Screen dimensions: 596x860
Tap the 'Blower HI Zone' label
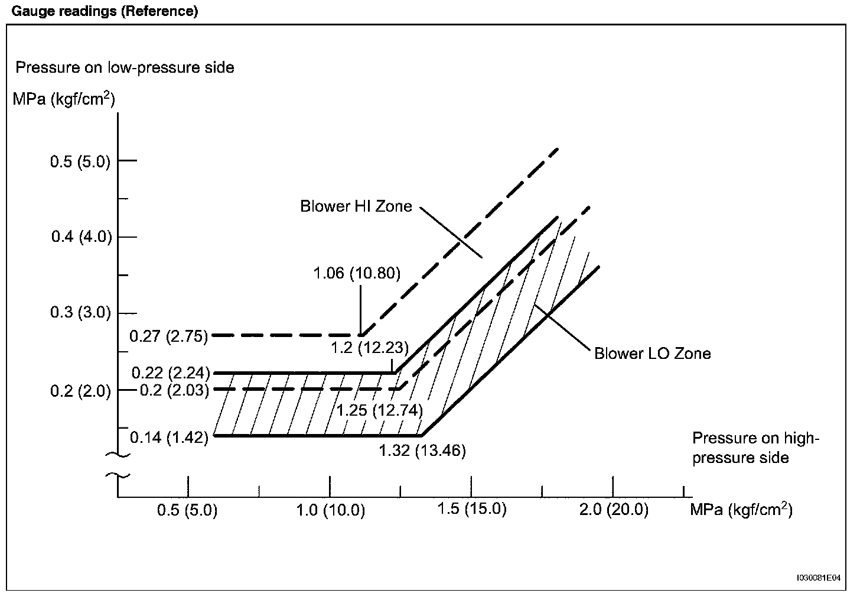356,206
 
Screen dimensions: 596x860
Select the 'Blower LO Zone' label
652,354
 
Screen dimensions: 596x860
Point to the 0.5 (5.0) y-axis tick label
80,161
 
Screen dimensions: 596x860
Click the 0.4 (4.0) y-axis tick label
81,237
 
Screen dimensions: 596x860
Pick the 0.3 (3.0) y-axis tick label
81,313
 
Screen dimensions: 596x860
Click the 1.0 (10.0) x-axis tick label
330,510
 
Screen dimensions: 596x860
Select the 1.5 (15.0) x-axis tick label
472,509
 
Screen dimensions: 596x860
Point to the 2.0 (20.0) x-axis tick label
613,510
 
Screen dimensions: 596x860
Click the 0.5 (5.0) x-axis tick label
187,510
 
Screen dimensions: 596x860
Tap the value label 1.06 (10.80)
357,273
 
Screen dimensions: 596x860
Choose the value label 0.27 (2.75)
169,336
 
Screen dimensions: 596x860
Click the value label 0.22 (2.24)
171,373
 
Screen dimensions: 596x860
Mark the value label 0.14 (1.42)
170,438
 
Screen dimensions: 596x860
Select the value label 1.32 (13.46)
422,451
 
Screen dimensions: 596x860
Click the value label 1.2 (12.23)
370,348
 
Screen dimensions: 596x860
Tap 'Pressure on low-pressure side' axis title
125,67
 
